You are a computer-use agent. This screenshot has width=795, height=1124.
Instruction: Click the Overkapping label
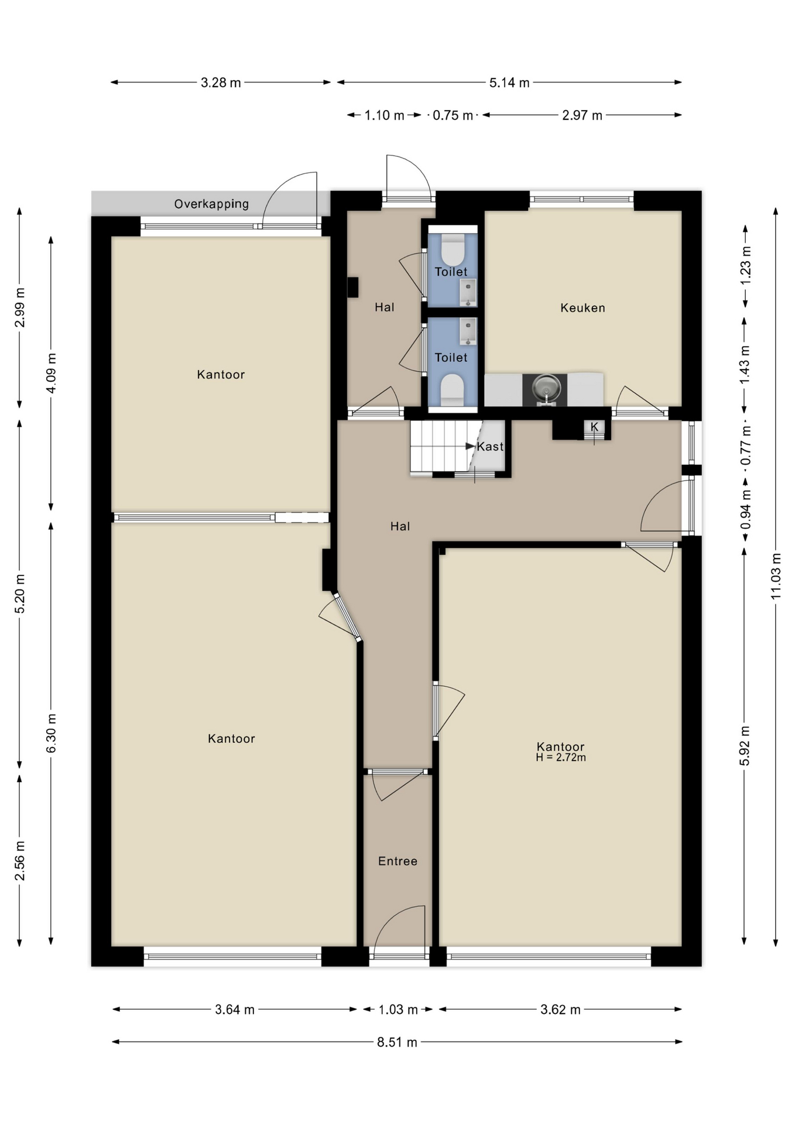point(211,204)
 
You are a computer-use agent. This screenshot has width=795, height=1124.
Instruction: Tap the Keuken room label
point(582,308)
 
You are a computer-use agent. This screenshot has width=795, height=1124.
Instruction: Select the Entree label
point(397,861)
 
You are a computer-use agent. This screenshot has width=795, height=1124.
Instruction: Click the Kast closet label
point(490,447)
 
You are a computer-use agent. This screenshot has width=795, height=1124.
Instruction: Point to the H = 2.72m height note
point(561,758)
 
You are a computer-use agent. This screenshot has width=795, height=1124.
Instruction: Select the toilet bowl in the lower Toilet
point(453,390)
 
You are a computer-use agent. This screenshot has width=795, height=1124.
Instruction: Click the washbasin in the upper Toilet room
point(468,293)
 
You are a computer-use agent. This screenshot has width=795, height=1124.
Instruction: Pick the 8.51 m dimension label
point(397,1043)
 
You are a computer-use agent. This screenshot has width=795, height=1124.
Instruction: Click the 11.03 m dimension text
point(776,575)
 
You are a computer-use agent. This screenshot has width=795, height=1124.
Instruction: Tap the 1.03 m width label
point(398,1010)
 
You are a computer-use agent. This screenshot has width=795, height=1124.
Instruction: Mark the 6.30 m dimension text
point(52,734)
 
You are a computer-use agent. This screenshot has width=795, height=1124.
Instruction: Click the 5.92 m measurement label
point(745,745)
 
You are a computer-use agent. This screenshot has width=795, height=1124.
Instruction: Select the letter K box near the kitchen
point(594,427)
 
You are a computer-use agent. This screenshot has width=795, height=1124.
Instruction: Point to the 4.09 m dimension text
point(52,373)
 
